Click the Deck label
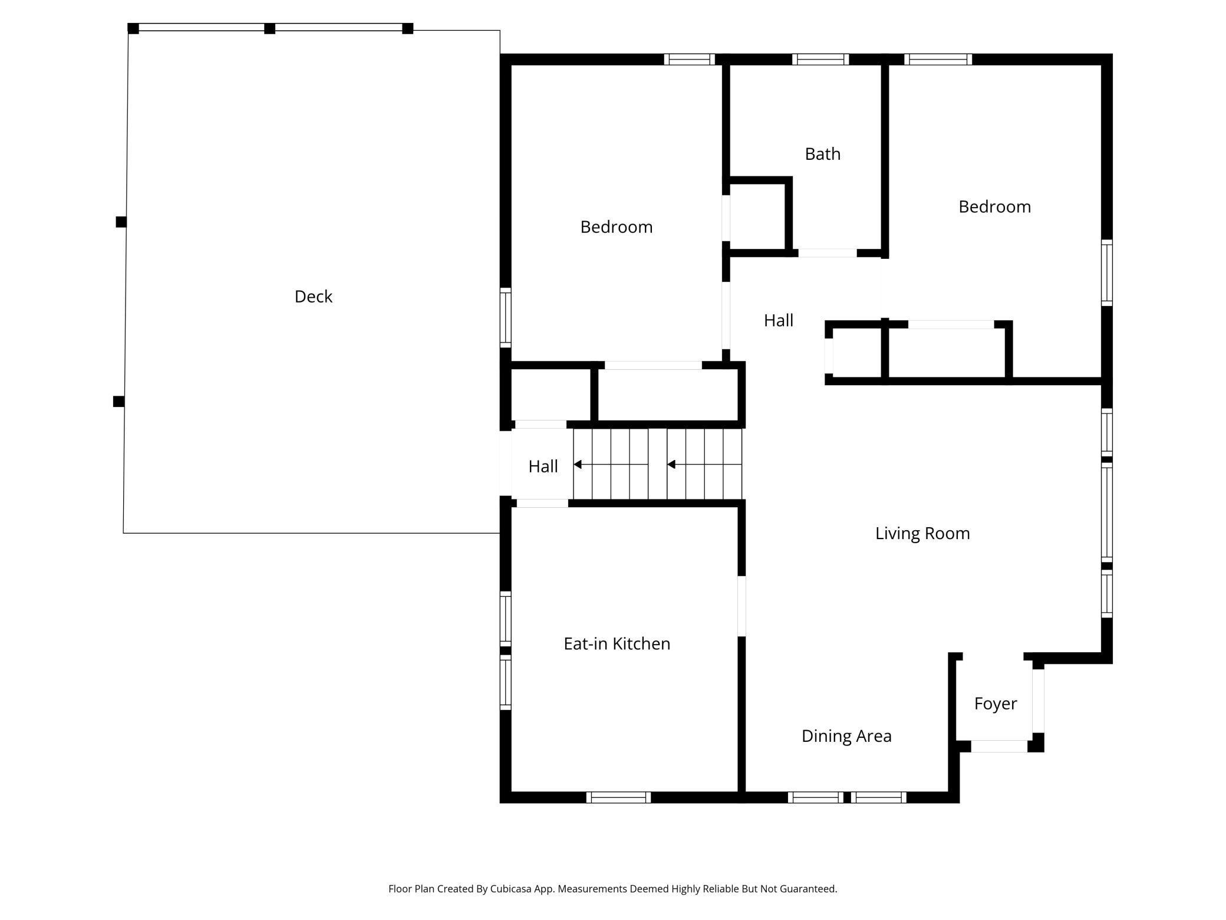(313, 297)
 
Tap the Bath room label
(822, 154)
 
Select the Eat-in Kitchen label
(617, 643)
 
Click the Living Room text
(922, 533)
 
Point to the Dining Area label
(846, 736)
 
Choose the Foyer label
(995, 704)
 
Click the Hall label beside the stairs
(543, 466)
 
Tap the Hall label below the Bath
(778, 320)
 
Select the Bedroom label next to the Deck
(616, 227)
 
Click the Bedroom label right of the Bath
(994, 207)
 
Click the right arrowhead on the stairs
(671, 465)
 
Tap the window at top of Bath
(820, 59)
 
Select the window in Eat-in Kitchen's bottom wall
(618, 797)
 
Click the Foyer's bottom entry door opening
(999, 746)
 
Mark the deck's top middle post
(269, 28)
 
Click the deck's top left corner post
(133, 28)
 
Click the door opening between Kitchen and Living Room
(741, 606)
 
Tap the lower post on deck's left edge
(118, 402)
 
